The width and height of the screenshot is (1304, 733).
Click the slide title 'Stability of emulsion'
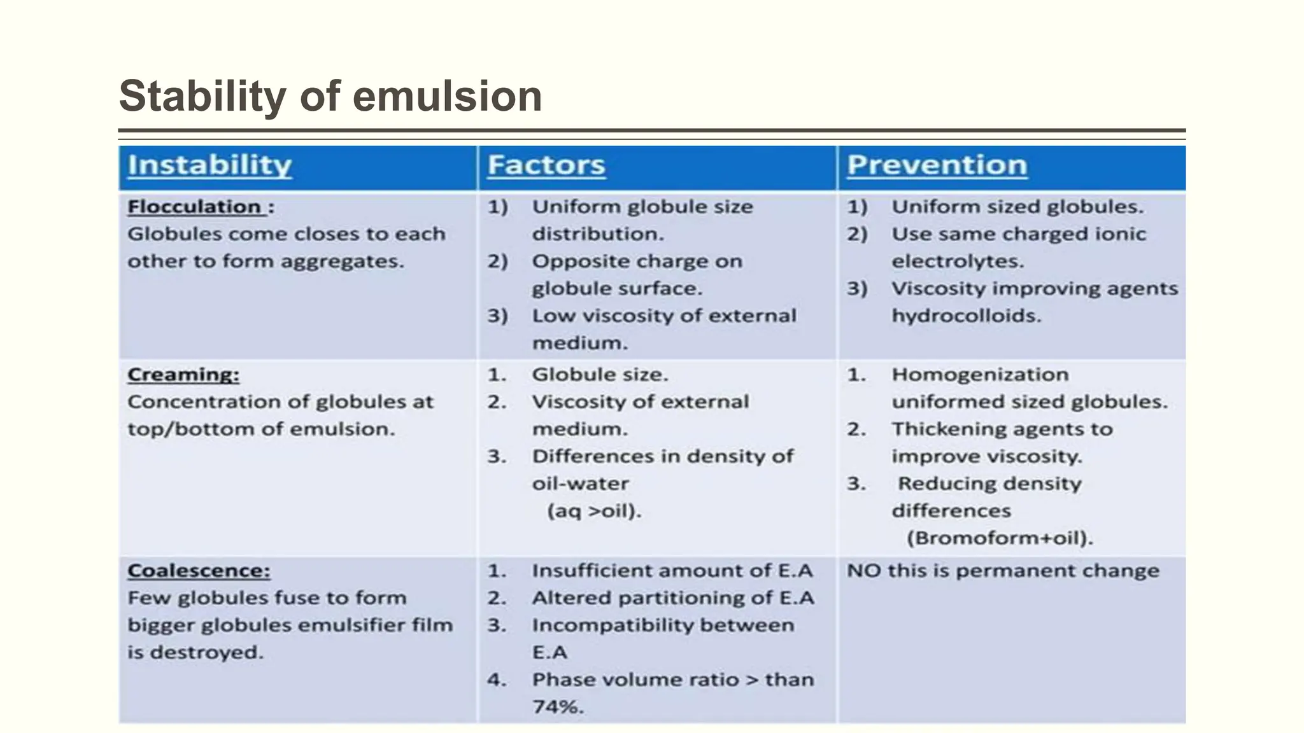[x=330, y=96]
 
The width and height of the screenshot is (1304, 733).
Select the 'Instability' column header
[x=209, y=165]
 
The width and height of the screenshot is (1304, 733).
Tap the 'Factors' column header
[x=546, y=165]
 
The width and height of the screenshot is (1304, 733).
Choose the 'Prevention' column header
[x=937, y=165]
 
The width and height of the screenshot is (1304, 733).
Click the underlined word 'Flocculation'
[x=194, y=207]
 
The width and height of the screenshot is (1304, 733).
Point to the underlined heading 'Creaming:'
[x=183, y=375]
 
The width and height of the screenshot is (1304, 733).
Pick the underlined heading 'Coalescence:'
[x=199, y=571]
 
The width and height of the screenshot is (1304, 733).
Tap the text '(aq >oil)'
[x=594, y=511]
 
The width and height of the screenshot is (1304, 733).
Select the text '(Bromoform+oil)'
[x=1000, y=538]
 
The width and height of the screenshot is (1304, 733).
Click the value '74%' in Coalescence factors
[x=558, y=707]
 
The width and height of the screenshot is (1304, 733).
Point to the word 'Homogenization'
[x=980, y=375]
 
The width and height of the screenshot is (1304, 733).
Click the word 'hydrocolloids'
[x=966, y=316]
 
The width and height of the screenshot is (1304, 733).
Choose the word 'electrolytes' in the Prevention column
[x=957, y=262]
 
